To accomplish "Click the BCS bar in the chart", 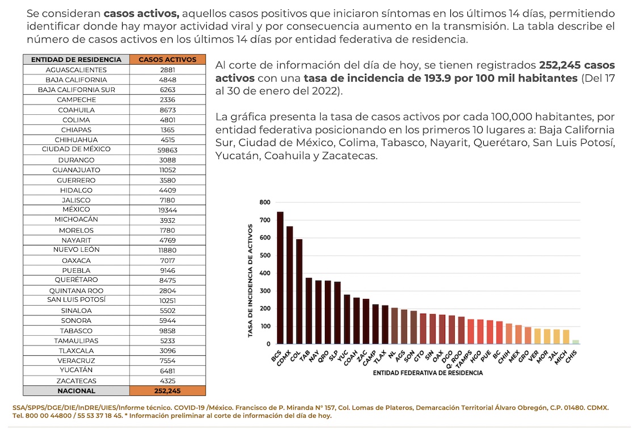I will pyautogui.click(x=280, y=278).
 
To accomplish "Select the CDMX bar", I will pyautogui.click(x=290, y=285).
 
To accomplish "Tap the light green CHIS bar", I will pyautogui.click(x=576, y=341).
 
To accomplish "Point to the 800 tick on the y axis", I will pyautogui.click(x=265, y=202).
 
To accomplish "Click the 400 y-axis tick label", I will pyautogui.click(x=265, y=273).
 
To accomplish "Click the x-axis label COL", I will pyautogui.click(x=295, y=357).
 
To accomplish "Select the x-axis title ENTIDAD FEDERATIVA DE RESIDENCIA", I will pyautogui.click(x=428, y=373).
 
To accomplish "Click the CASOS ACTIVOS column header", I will pyautogui.click(x=168, y=59).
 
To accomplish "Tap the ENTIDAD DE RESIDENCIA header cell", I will pyautogui.click(x=76, y=59).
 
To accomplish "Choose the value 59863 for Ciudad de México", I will pyautogui.click(x=168, y=149).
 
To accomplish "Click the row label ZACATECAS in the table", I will pyautogui.click(x=76, y=381).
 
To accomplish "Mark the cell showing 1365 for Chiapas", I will pyautogui.click(x=168, y=130).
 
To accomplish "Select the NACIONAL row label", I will pyautogui.click(x=76, y=391).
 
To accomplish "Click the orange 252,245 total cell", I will pyautogui.click(x=168, y=391).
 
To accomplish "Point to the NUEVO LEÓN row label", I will pyautogui.click(x=76, y=249).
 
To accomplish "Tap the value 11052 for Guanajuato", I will pyautogui.click(x=168, y=170).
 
